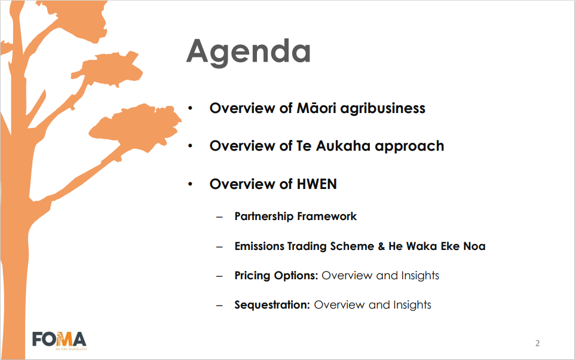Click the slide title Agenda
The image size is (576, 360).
pyautogui.click(x=249, y=52)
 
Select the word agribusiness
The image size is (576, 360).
pyautogui.click(x=383, y=109)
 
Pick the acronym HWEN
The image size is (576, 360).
pyautogui.click(x=317, y=184)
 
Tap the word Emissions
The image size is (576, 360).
pyautogui.click(x=259, y=246)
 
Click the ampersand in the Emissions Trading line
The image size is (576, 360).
pyautogui.click(x=381, y=246)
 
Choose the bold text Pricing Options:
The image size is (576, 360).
pyautogui.click(x=276, y=276)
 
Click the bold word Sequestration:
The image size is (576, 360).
pyautogui.click(x=272, y=305)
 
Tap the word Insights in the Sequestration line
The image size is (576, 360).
pyautogui.click(x=412, y=305)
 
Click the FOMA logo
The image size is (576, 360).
pyautogui.click(x=60, y=340)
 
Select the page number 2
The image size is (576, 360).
pyautogui.click(x=537, y=343)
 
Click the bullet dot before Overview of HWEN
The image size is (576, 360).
pyautogui.click(x=190, y=184)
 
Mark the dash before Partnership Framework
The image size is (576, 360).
pyautogui.click(x=219, y=217)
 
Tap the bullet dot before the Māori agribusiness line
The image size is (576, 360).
pyautogui.click(x=190, y=108)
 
